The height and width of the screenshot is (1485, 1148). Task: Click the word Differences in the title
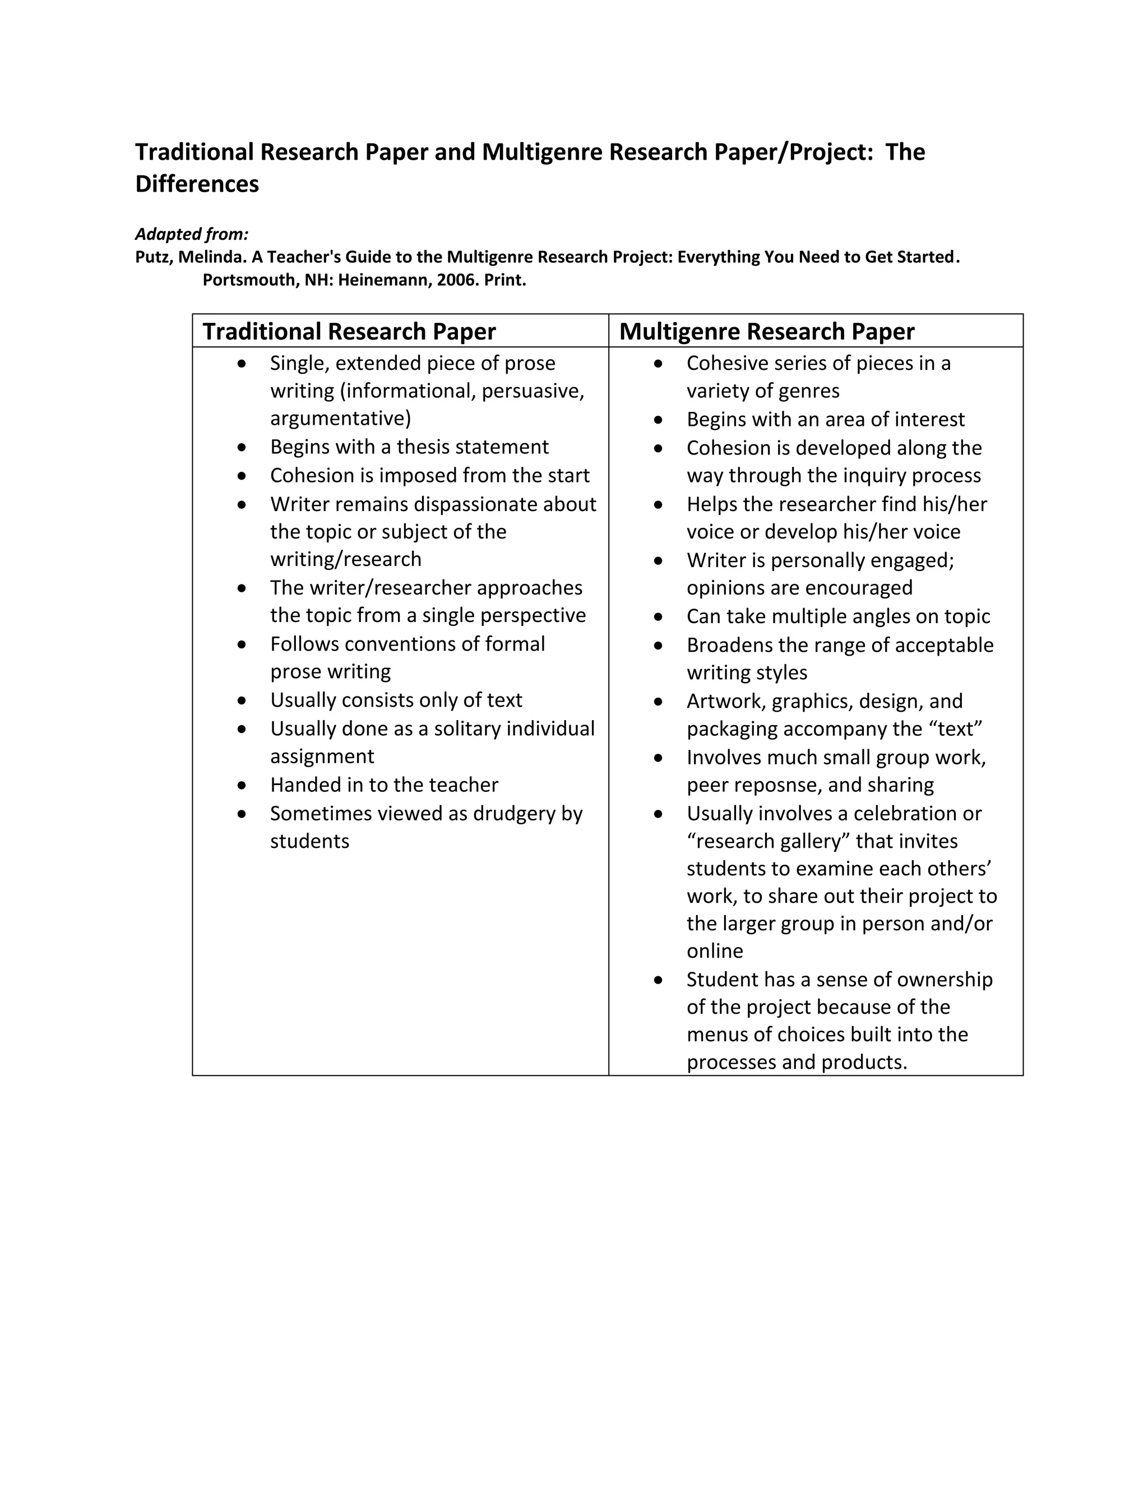197,184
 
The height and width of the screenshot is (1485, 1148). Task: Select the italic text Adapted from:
192,235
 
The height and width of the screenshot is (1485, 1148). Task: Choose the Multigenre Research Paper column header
766,331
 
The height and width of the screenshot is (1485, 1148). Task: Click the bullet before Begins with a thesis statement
242,447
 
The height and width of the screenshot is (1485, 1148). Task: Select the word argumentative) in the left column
340,418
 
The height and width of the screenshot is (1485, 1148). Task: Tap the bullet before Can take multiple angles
658,617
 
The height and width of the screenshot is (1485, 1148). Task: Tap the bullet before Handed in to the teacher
242,785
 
